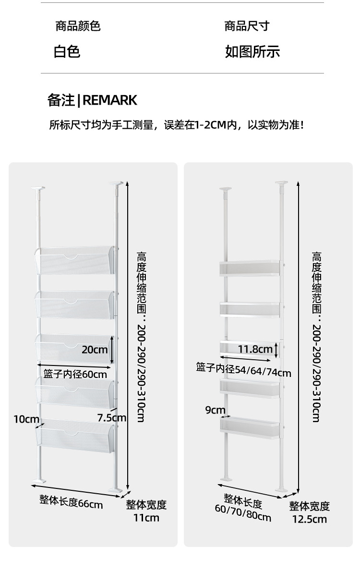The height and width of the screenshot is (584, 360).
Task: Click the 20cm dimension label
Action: (x=95, y=349)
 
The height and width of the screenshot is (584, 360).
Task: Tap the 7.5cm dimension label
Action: (x=111, y=417)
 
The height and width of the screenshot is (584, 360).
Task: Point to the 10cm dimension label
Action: (x=26, y=419)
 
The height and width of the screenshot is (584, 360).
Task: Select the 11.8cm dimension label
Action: (x=255, y=349)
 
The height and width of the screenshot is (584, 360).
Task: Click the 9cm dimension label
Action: (x=215, y=410)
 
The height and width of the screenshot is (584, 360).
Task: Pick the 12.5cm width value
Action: (x=310, y=519)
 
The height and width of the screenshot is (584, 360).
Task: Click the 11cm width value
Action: (x=146, y=518)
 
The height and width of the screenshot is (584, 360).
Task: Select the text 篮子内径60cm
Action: (x=75, y=373)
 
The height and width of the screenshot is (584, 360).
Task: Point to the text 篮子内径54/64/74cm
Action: (x=243, y=370)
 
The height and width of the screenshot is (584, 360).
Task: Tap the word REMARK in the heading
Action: (x=110, y=100)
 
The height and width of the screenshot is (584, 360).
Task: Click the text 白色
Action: (x=67, y=51)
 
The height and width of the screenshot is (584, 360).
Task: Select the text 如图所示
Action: (x=252, y=51)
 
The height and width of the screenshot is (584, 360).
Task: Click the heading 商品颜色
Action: (x=78, y=26)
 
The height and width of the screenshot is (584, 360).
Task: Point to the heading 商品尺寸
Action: (x=247, y=26)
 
